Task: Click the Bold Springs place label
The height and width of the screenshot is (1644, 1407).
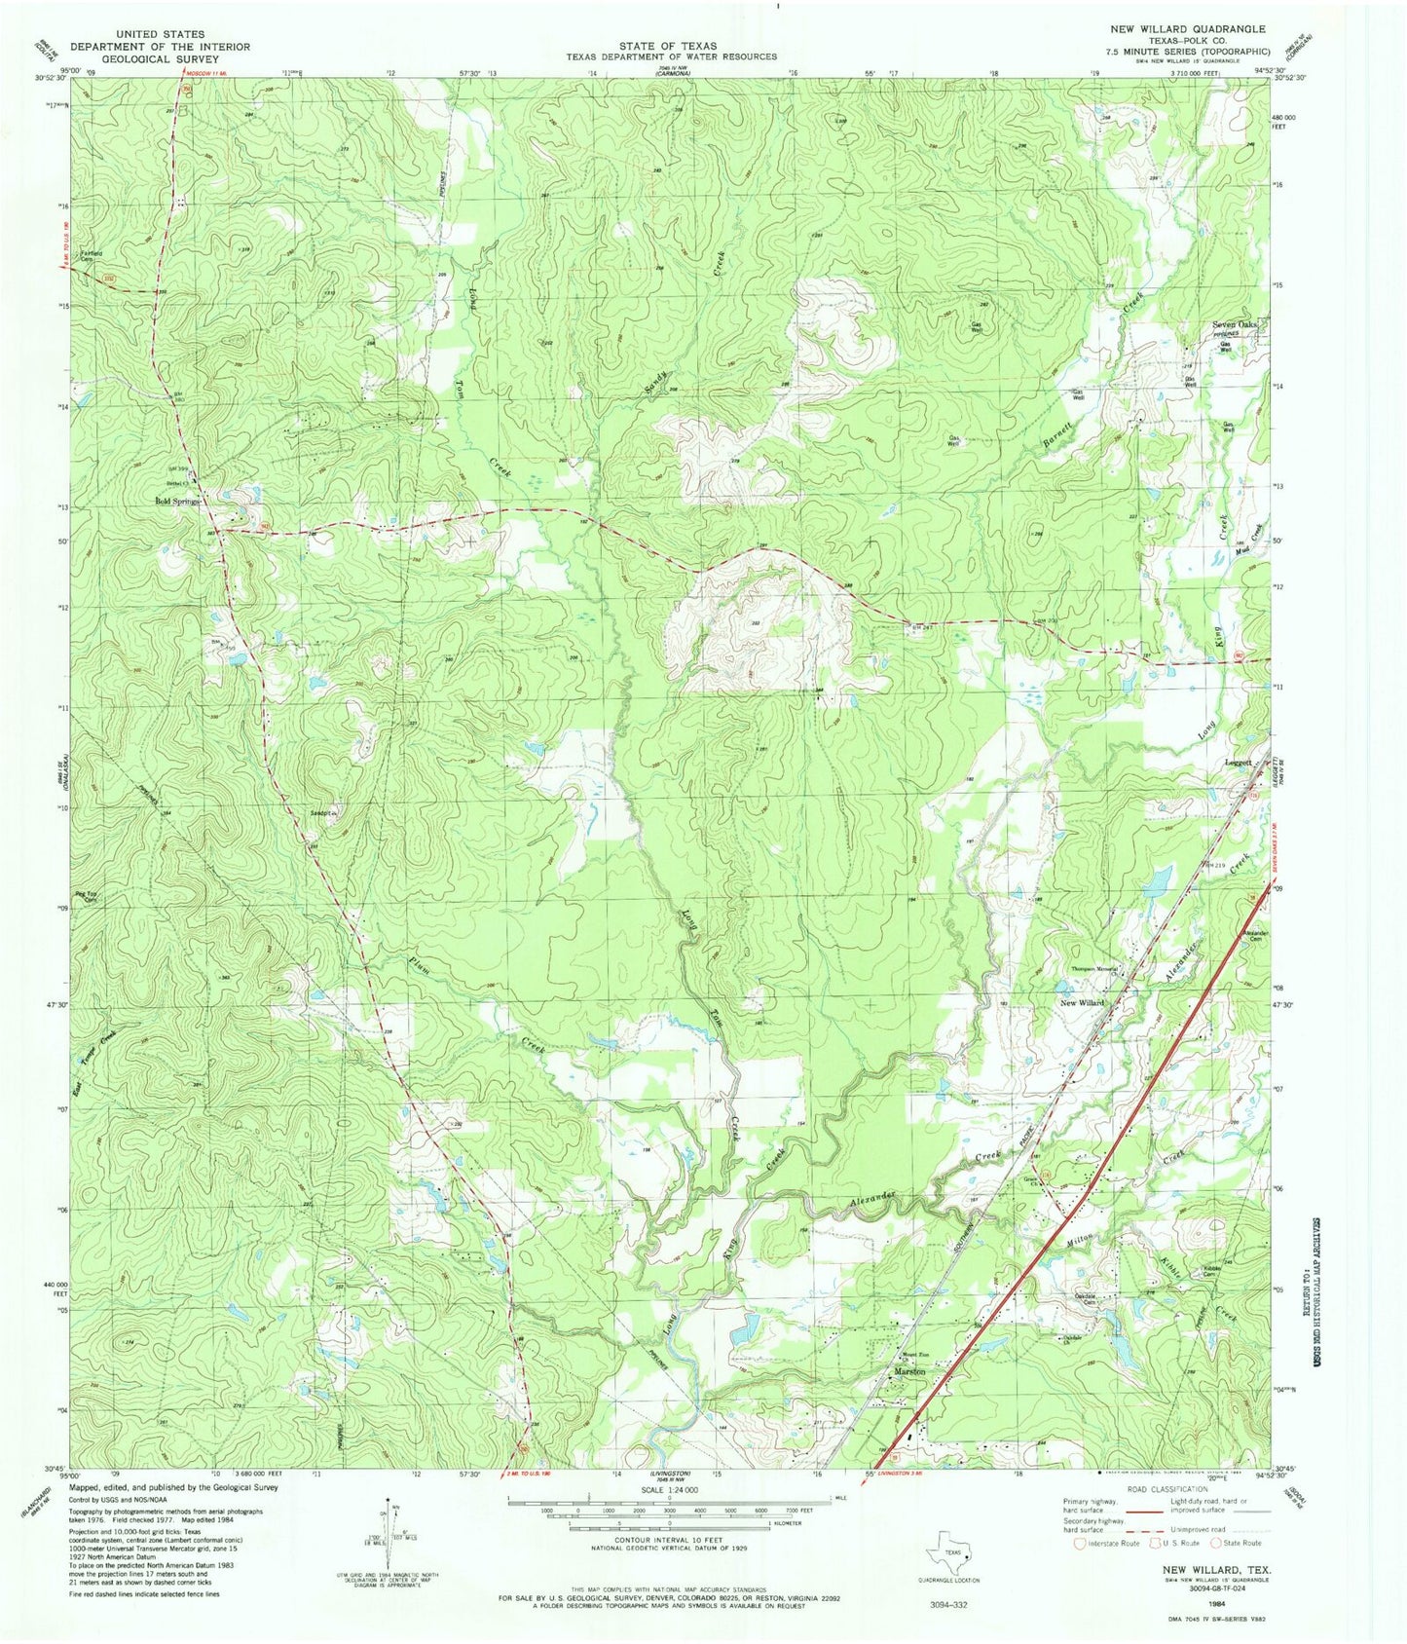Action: tap(176, 502)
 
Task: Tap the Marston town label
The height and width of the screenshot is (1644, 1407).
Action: tap(909, 1373)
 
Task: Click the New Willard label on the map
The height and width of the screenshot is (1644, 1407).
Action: tap(1081, 1002)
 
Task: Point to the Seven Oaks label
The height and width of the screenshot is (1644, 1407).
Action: tap(1235, 324)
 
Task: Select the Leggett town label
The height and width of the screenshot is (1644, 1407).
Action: tap(1238, 765)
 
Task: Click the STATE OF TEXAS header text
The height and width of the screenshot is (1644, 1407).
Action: tap(668, 46)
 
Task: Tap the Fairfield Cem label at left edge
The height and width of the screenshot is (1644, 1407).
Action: tap(93, 257)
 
